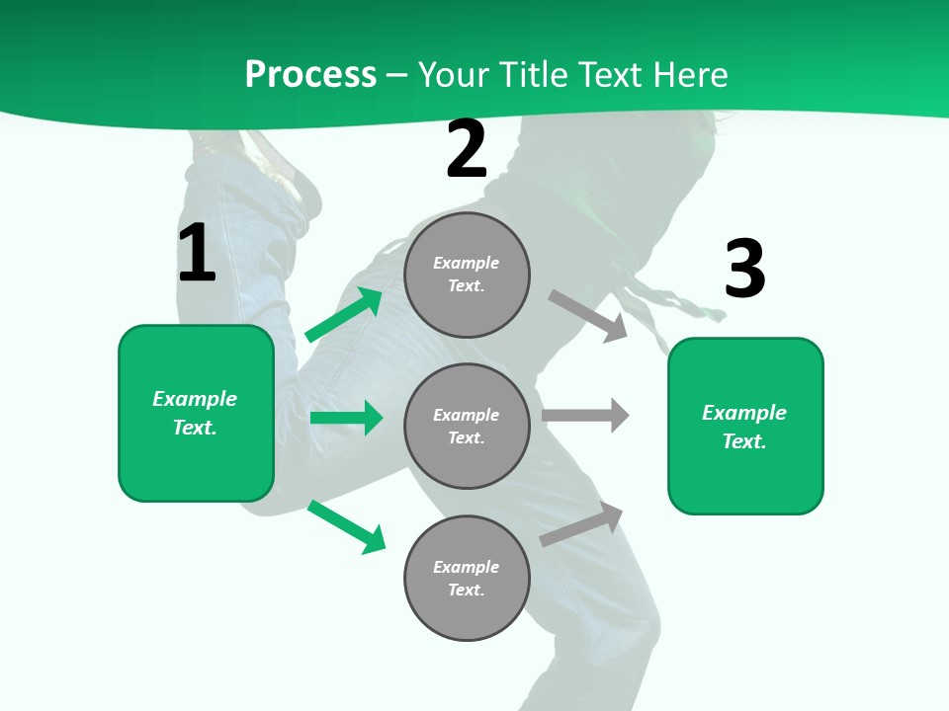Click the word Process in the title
[310, 75]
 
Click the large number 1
[197, 254]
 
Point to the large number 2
[467, 150]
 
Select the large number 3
[744, 270]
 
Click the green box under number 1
[196, 413]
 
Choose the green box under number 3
[745, 427]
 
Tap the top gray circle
[467, 275]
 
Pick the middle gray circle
[467, 426]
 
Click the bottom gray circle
[467, 578]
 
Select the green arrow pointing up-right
[344, 315]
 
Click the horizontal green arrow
[346, 418]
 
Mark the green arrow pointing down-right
[346, 526]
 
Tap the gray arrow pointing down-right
[588, 315]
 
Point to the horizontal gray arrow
[585, 415]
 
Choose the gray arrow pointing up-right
[582, 524]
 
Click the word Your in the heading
[453, 75]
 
